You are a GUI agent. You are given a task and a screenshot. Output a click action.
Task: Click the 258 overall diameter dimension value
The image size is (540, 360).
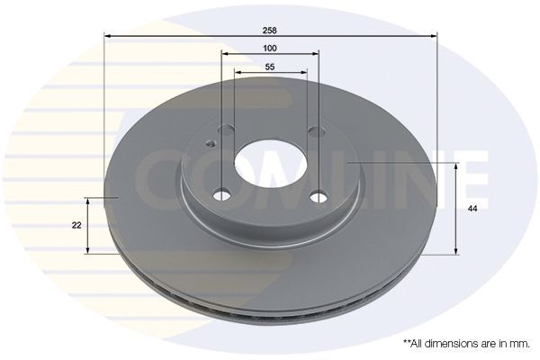pos(270,30)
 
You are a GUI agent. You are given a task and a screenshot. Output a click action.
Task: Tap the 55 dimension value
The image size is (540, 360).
pos(270,67)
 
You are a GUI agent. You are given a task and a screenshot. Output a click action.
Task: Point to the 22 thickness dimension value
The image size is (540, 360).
pos(76,224)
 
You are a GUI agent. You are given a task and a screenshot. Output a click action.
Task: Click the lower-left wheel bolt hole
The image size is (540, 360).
pos(222,193)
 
